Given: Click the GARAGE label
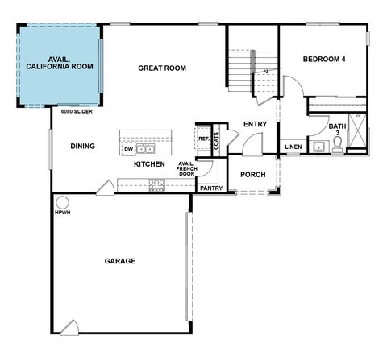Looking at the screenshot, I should [x=119, y=261].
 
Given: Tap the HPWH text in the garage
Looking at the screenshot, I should [x=62, y=213].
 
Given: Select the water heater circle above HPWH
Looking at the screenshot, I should [x=62, y=202].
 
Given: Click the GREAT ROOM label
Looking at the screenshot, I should [x=161, y=68].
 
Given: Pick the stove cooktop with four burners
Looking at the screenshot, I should [x=156, y=184].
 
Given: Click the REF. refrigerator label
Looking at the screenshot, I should [x=203, y=139].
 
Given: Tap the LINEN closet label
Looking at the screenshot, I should [x=293, y=147].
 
